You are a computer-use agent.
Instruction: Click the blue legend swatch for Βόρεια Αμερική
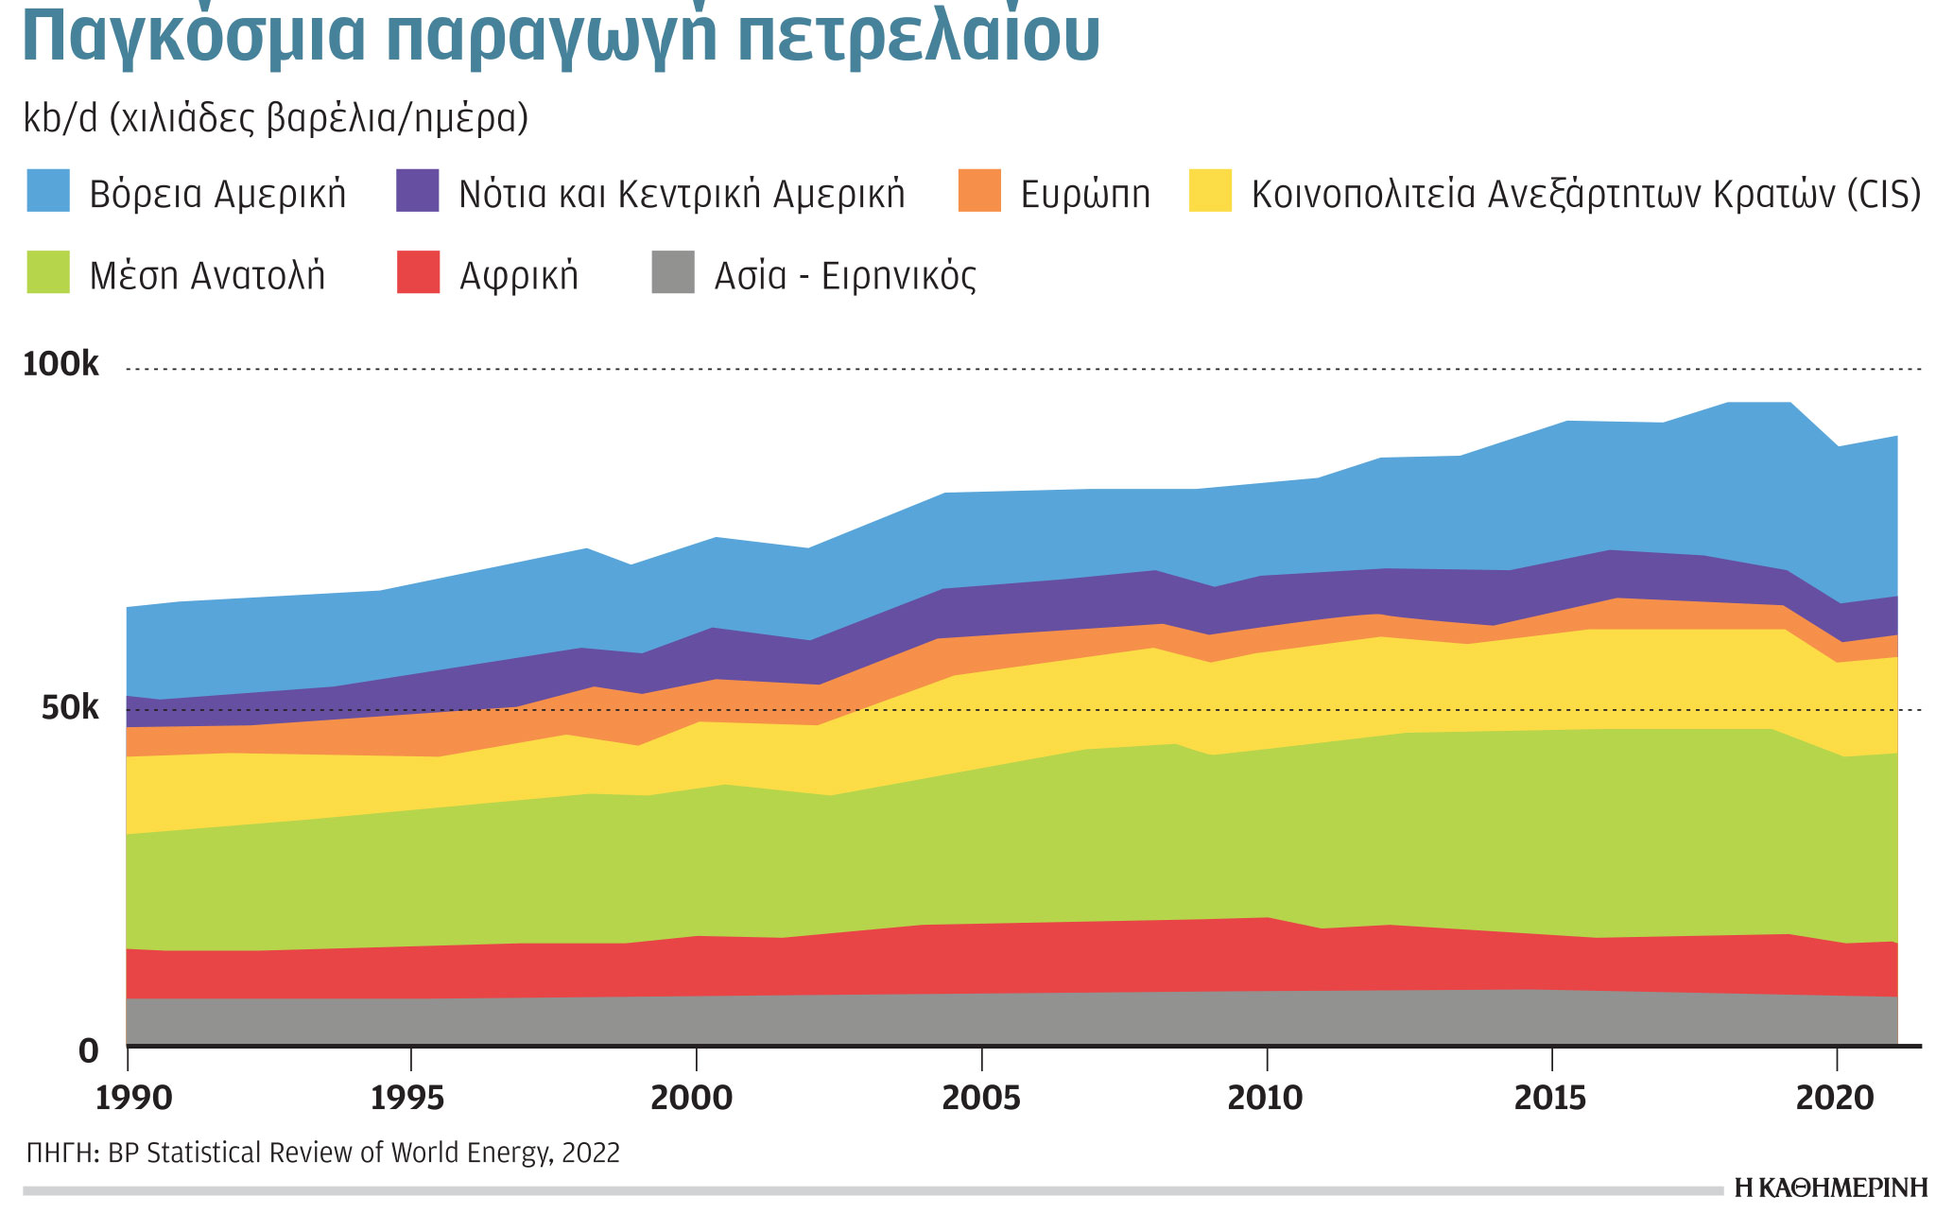click(48, 190)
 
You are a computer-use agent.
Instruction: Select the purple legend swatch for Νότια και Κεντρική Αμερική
click(418, 190)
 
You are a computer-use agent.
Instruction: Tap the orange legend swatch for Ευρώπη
click(979, 190)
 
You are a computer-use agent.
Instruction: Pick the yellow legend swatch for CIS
click(1210, 190)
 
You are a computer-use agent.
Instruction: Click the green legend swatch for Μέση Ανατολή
click(48, 272)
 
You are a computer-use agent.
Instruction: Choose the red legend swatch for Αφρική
click(418, 272)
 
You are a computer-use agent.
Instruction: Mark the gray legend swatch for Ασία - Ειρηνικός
click(673, 272)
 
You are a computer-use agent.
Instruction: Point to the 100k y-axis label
click(60, 364)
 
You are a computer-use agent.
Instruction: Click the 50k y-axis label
click(69, 707)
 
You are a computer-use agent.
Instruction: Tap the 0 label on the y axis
click(89, 1050)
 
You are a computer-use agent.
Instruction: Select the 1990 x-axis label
click(134, 1098)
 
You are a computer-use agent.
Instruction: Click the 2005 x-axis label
click(982, 1098)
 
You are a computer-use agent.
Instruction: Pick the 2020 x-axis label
click(1835, 1098)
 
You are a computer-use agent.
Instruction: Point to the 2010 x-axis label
click(1265, 1098)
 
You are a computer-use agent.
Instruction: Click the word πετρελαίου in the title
click(917, 36)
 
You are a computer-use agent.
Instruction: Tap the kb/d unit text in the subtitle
click(60, 119)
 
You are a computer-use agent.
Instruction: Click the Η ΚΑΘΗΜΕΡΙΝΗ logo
click(1831, 1188)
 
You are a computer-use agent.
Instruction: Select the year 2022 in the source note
click(591, 1153)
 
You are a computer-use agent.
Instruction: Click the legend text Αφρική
click(519, 275)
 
